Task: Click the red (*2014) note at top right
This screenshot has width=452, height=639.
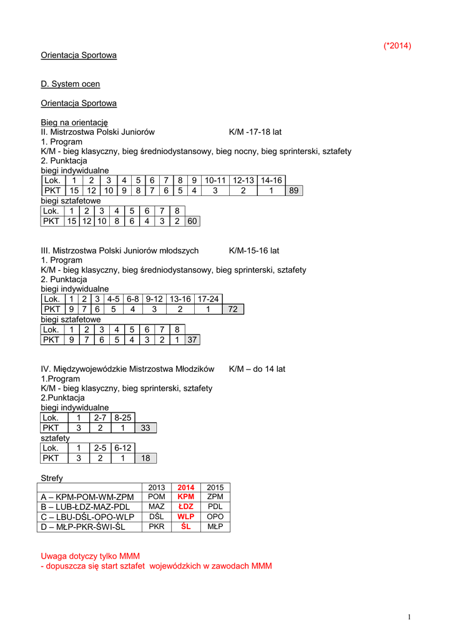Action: (397, 46)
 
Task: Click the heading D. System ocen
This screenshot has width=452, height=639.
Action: (70, 84)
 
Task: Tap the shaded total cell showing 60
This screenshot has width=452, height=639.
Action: (193, 220)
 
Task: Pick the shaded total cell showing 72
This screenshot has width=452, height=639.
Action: (233, 309)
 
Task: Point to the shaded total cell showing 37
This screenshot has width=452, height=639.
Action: (193, 339)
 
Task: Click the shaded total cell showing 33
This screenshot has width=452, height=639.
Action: (145, 427)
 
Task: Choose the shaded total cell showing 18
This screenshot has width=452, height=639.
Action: (145, 458)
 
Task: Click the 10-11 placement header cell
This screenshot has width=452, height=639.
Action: (214, 180)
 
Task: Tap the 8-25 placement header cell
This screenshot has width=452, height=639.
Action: (123, 417)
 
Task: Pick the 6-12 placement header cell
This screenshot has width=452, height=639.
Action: (123, 448)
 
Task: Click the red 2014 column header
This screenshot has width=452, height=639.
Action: (186, 487)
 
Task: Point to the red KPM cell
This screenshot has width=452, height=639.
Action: (186, 497)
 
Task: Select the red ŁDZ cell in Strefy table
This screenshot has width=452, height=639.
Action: (186, 507)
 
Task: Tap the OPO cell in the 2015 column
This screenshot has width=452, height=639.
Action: (215, 517)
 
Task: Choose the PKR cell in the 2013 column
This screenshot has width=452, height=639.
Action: (157, 527)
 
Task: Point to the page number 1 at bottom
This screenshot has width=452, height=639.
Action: (409, 617)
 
